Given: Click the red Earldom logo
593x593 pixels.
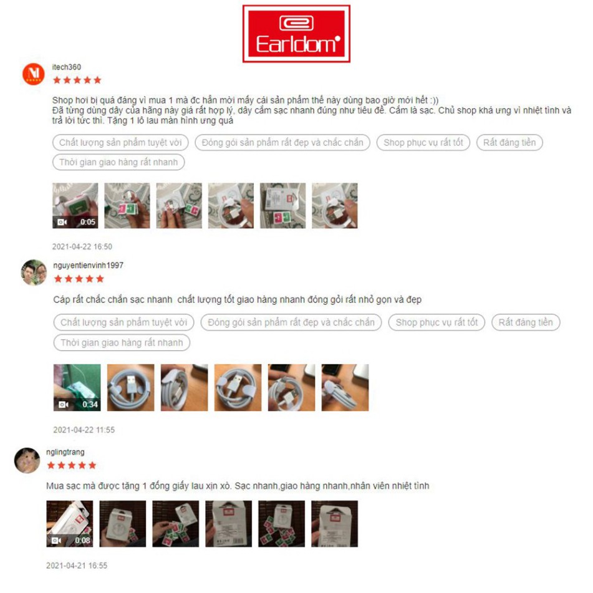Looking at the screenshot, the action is [296, 34].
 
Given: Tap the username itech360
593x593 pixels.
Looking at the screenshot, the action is [67, 67].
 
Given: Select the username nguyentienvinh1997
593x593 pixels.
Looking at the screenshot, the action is [88, 266].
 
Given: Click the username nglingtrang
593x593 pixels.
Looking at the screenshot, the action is [65, 452].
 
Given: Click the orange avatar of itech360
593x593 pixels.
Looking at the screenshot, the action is [33, 74].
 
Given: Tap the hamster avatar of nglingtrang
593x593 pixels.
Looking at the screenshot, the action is [27, 460].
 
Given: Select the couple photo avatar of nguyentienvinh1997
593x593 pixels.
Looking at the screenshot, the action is [34, 272].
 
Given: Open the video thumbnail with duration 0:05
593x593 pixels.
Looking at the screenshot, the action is [75, 206].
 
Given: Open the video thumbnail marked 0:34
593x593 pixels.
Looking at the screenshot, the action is [77, 388].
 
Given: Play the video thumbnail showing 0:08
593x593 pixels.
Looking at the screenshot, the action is [70, 524].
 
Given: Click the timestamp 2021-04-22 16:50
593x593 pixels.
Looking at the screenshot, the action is [82, 246].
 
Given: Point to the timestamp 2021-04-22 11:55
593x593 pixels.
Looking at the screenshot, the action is [84, 430].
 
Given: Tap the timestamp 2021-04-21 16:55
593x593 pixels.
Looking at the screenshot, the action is [77, 566].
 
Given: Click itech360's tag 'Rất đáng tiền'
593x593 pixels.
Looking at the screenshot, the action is [509, 143].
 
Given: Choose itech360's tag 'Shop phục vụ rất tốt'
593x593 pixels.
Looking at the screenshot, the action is [423, 143].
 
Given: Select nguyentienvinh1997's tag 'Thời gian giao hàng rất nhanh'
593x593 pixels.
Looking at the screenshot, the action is [122, 342].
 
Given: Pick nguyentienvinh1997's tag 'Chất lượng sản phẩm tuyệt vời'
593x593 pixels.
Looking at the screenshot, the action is [123, 322].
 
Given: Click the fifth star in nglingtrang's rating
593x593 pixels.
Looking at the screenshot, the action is [92, 466].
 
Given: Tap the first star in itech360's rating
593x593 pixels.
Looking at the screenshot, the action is [57, 80].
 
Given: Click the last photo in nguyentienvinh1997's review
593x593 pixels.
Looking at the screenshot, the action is [345, 388].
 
